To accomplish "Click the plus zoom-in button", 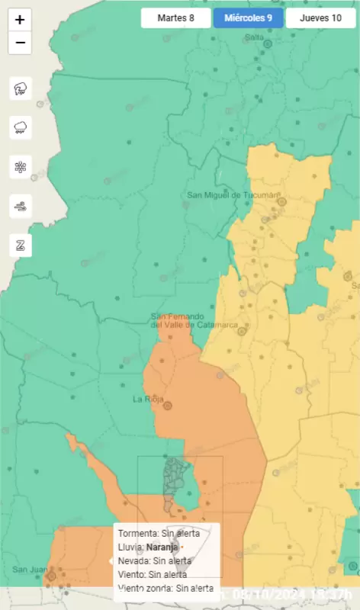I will tap(20, 20).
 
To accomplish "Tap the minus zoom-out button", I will tap(20, 43).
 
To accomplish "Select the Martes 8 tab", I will tap(175, 18).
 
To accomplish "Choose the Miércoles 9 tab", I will tap(249, 18).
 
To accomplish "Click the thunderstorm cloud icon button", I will tap(20, 88).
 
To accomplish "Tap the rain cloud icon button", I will tap(20, 127).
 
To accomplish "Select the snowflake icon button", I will tap(20, 166).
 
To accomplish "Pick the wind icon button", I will tap(20, 205).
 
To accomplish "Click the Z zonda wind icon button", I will tap(20, 245).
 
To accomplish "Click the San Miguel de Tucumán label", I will tap(233, 195).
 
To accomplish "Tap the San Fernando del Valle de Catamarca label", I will tap(194, 321).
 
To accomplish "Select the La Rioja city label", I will tap(149, 398).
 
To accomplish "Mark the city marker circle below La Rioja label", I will tap(168, 406).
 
